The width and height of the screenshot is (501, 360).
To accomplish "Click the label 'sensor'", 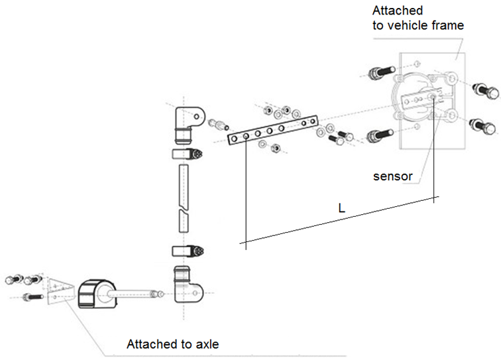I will pos(392,177).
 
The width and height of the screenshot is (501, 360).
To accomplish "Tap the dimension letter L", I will pos(341,208).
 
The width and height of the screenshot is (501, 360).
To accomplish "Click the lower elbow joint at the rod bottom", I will pos(188,285).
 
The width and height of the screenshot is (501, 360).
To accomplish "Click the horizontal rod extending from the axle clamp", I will pos(133,292).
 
